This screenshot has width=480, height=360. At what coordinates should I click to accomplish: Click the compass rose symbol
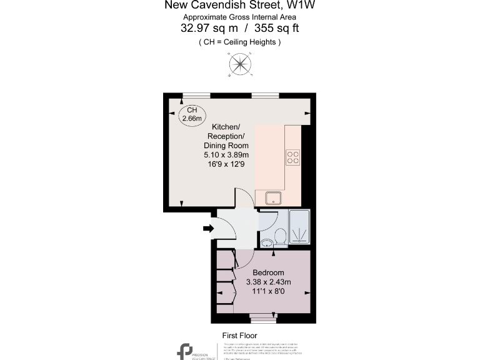(x=239, y=64)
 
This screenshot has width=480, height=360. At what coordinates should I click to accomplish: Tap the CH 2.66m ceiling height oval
(x=191, y=115)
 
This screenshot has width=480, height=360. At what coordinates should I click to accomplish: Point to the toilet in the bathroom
(x=281, y=236)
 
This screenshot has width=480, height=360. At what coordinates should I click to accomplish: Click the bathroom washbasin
(x=267, y=242)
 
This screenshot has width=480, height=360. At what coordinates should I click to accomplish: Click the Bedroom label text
(x=268, y=273)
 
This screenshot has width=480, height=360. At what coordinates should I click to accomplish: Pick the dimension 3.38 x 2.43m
(x=268, y=282)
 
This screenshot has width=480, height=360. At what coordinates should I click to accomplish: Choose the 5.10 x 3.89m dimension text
(x=226, y=155)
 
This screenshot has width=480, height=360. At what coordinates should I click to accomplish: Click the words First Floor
(x=241, y=335)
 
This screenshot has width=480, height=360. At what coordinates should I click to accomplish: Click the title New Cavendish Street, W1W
(x=239, y=6)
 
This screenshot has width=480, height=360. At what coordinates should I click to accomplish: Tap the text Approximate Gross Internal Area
(x=239, y=17)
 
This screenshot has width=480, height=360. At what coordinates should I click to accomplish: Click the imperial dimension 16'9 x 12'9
(x=226, y=164)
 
